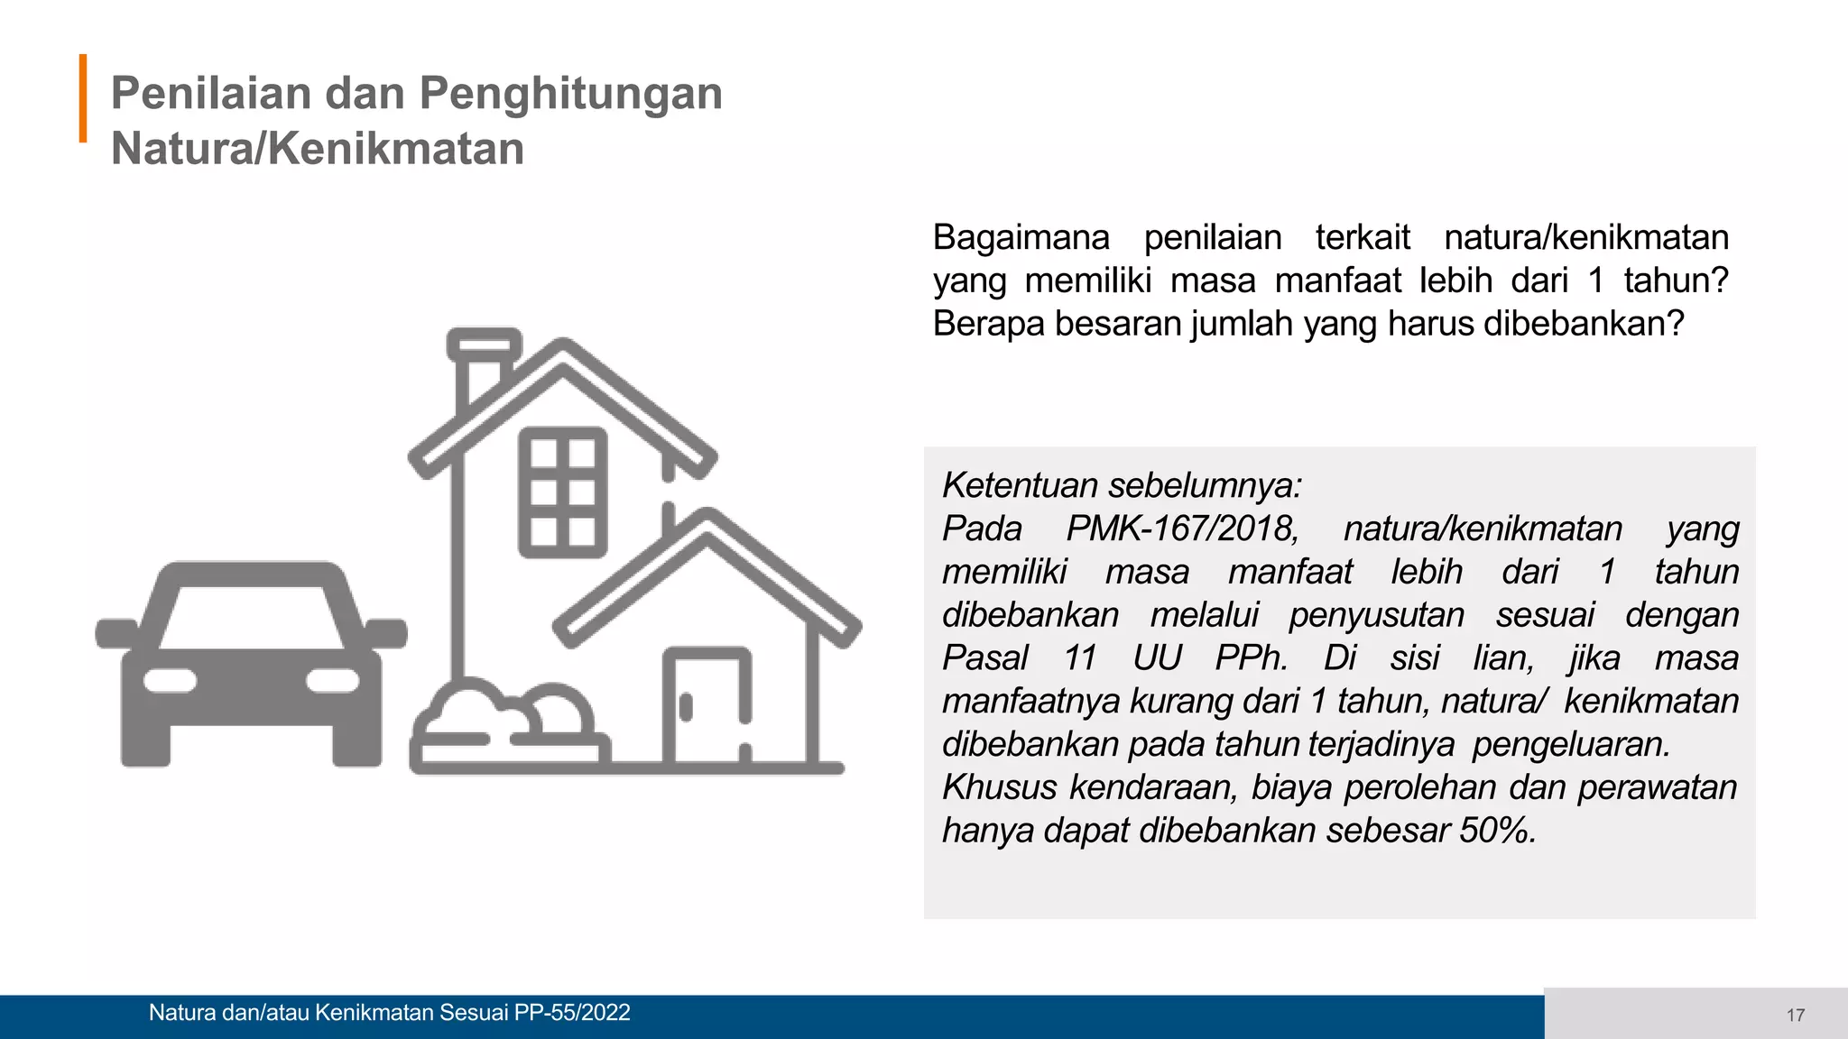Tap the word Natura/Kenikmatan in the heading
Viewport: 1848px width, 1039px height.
click(317, 149)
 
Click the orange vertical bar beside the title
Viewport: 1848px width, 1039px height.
click(83, 98)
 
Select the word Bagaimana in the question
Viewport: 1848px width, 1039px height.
click(1021, 238)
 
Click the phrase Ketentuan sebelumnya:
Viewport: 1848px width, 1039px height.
click(1122, 485)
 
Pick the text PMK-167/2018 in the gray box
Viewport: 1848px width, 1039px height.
click(1181, 529)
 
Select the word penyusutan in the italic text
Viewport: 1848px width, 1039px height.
click(1376, 615)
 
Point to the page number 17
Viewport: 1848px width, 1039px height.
click(1795, 1016)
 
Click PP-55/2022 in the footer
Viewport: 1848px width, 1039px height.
click(572, 1013)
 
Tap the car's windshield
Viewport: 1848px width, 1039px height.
click(252, 616)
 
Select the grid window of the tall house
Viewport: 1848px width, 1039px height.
click(562, 492)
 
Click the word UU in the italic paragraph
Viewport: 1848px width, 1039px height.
click(1157, 658)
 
